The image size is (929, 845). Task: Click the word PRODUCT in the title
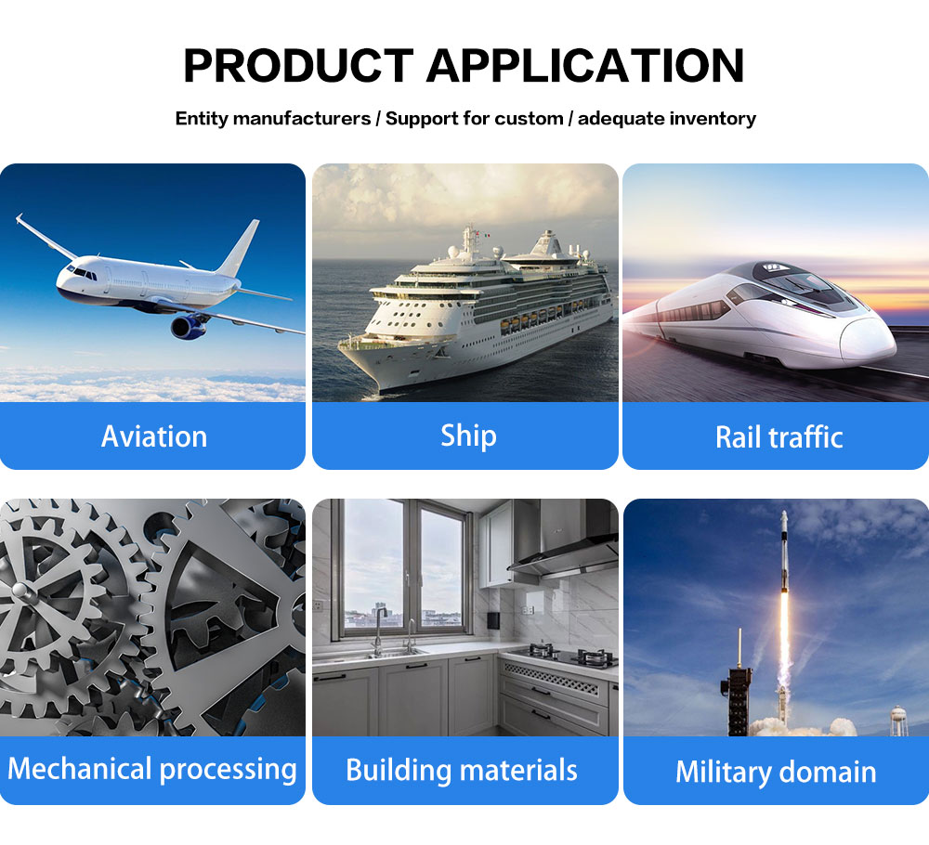[298, 65]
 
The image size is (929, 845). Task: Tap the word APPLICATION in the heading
[585, 65]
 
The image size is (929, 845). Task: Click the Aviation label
[154, 436]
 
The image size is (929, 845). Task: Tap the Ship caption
[468, 436]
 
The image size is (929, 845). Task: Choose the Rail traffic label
[779, 437]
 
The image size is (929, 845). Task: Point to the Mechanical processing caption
[152, 769]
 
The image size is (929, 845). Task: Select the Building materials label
[462, 771]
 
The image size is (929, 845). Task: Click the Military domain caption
[776, 772]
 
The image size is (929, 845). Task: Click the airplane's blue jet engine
[189, 327]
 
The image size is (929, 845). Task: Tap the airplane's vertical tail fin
[241, 248]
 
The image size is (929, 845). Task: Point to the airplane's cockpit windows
[83, 273]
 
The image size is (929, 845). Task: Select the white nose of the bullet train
[868, 341]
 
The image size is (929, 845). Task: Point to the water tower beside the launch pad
[898, 720]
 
